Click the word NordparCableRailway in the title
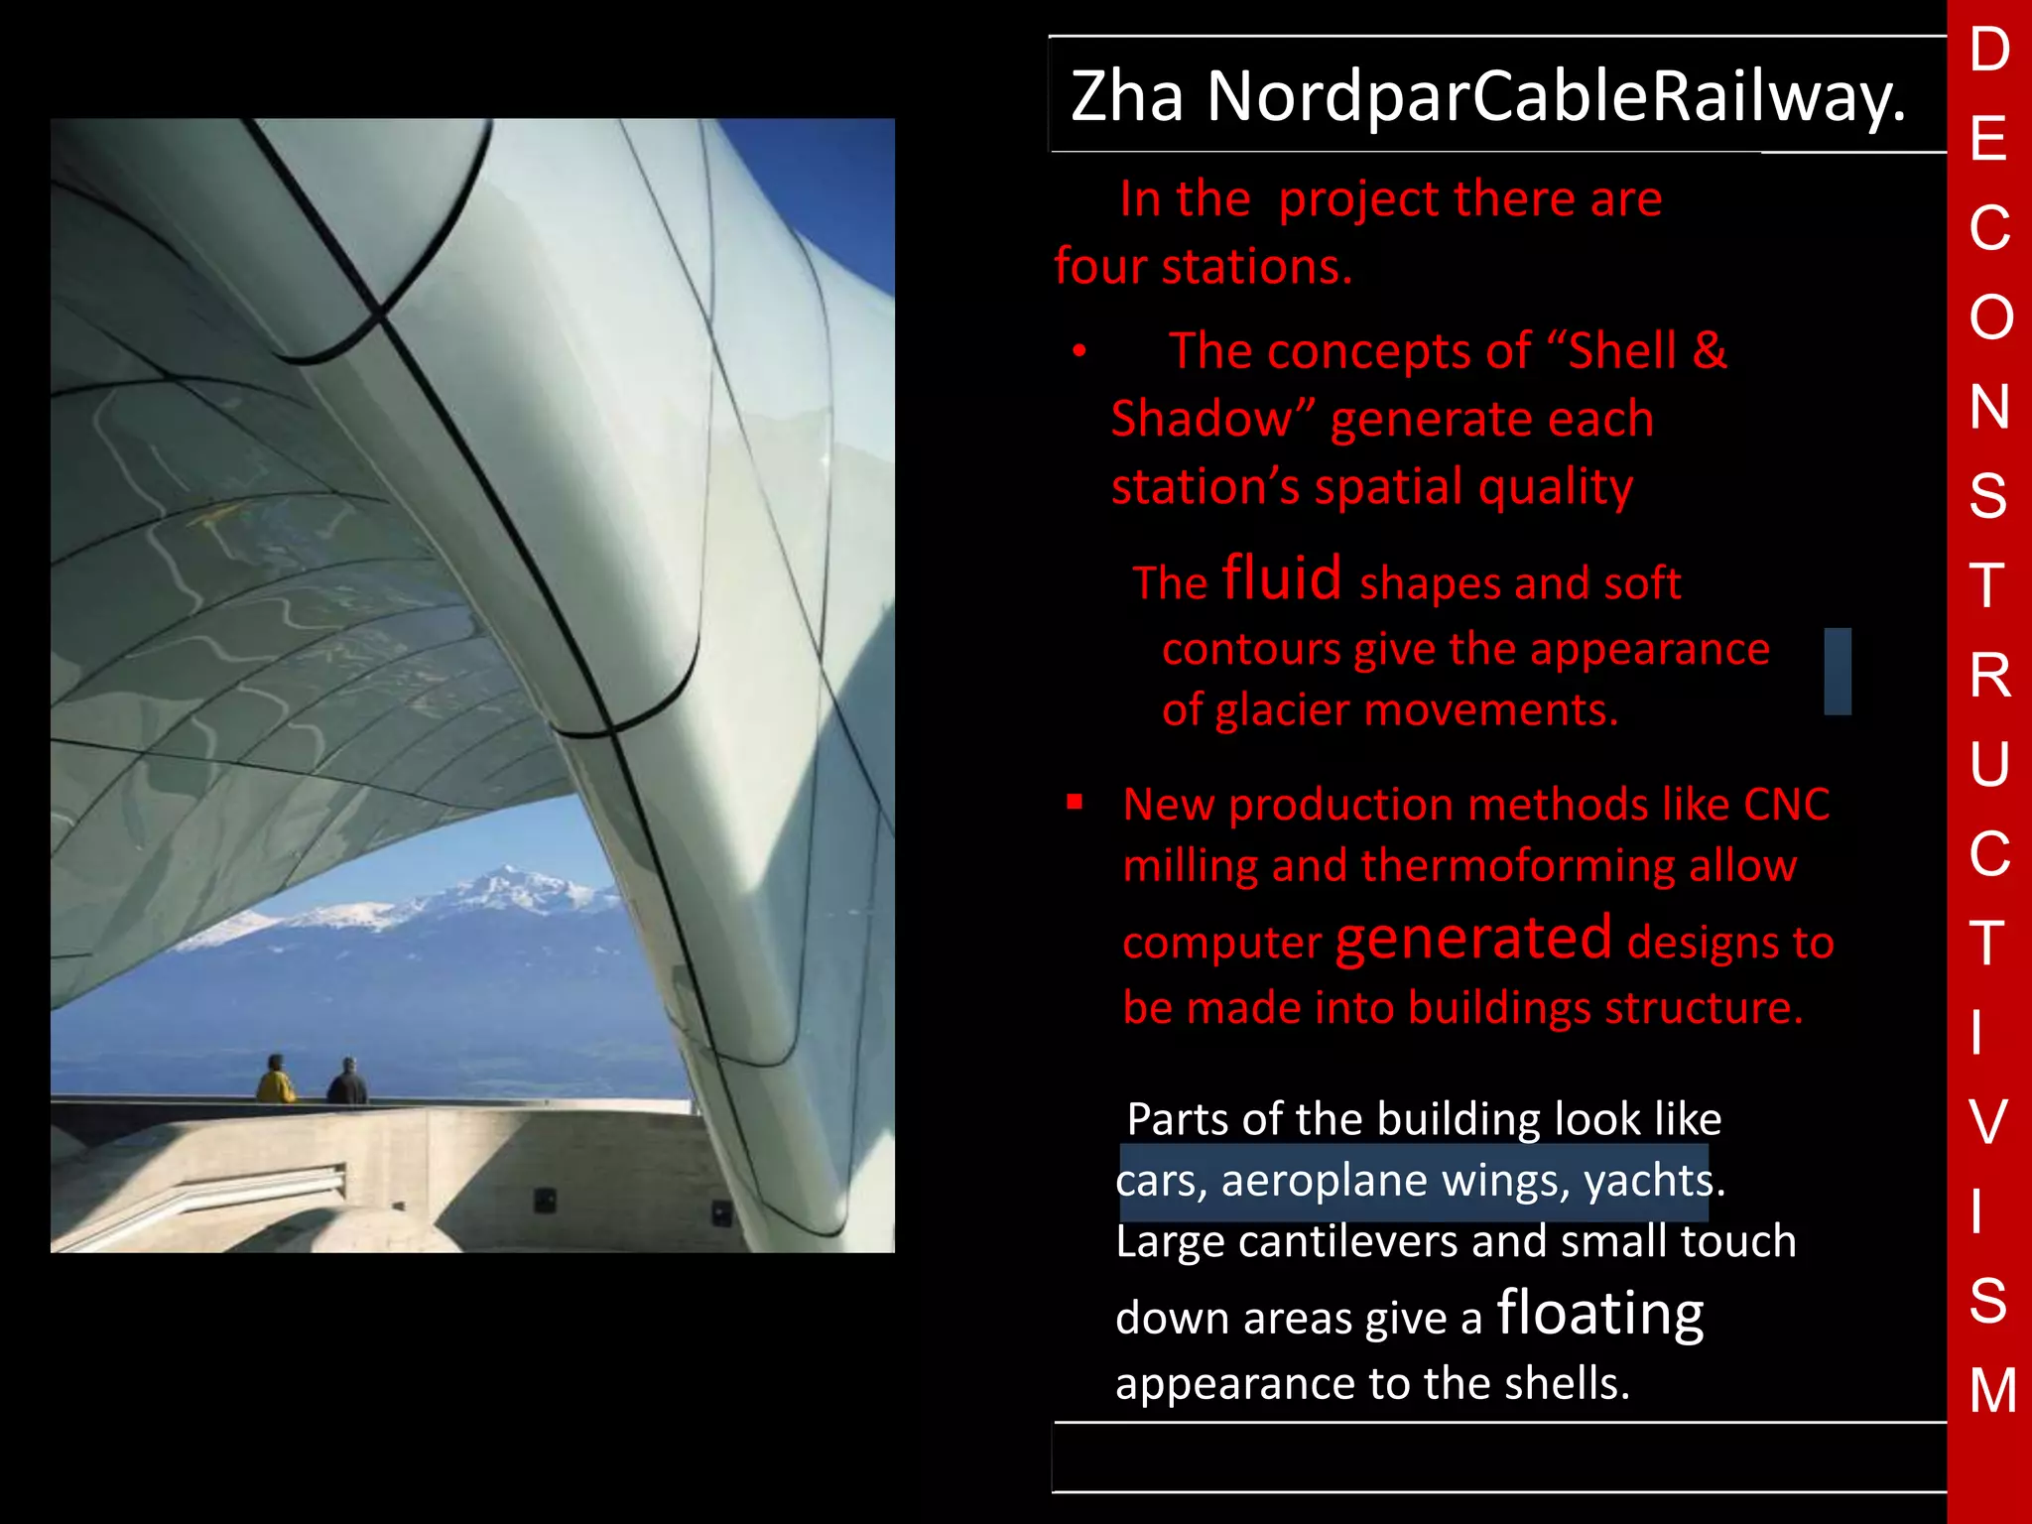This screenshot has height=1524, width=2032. tap(1556, 97)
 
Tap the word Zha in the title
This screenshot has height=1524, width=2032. tap(1127, 97)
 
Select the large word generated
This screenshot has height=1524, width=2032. tap(1473, 939)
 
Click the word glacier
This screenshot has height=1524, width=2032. tap(1282, 710)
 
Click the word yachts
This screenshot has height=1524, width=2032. tap(1649, 1181)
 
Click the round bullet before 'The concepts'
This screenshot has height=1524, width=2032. tap(1079, 352)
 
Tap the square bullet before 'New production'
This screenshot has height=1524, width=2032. tap(1075, 802)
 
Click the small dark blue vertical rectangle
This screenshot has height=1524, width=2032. tap(1838, 672)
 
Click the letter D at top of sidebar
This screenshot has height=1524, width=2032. tap(1989, 50)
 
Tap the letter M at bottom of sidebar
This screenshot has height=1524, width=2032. tap(1992, 1390)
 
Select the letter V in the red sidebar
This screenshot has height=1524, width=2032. tap(1988, 1122)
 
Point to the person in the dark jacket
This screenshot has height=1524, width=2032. tap(347, 1082)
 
